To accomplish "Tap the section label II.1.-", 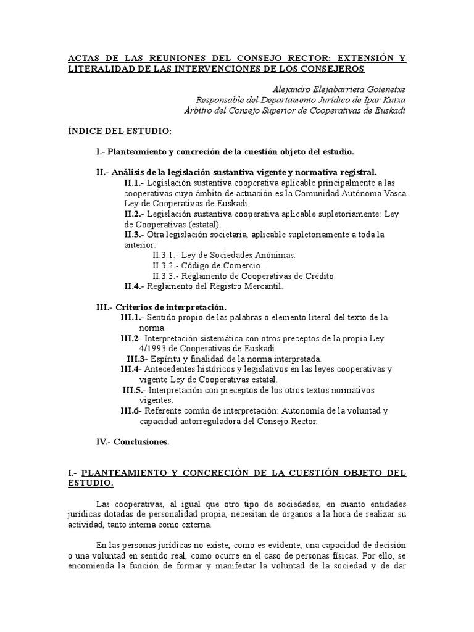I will point(135,183).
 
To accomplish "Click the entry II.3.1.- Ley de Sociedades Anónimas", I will point(224,254).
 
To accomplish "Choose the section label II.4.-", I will point(135,286).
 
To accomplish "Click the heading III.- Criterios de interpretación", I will point(161,307).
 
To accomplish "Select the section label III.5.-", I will point(135,390).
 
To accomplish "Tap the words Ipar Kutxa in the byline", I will point(385,99).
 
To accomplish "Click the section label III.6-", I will point(131,410).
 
